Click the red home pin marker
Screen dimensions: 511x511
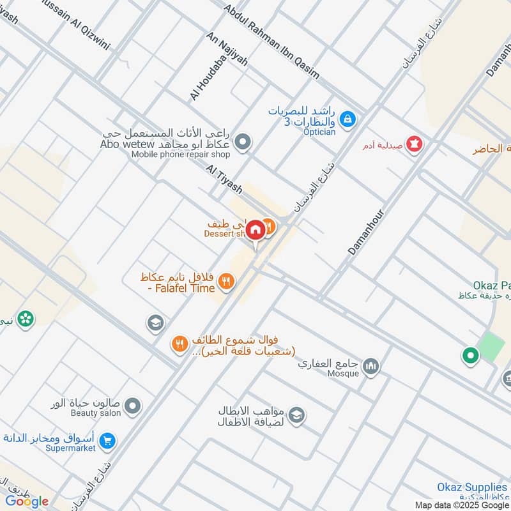(x=256, y=231)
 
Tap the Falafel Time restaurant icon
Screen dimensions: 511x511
(x=225, y=280)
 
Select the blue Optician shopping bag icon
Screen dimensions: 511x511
(x=347, y=118)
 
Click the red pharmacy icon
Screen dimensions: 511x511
(x=415, y=144)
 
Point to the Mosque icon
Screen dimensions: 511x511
(x=371, y=366)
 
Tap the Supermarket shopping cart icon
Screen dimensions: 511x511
(x=107, y=441)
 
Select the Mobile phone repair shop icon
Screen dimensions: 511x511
(x=242, y=142)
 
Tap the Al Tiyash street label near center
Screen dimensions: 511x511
(x=224, y=179)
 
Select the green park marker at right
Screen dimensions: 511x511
(x=471, y=355)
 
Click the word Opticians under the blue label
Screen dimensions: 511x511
(x=319, y=132)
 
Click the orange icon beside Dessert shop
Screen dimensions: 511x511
(x=270, y=225)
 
